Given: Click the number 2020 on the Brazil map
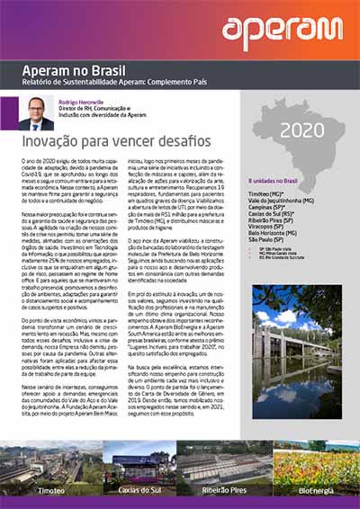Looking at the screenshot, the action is [x=301, y=130].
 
